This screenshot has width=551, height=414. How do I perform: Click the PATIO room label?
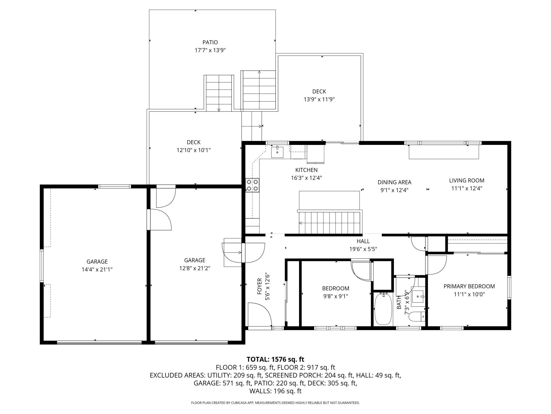coord(210,42)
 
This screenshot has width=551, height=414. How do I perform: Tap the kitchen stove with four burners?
coord(252,185)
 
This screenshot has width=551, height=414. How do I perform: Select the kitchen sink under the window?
coord(277,152)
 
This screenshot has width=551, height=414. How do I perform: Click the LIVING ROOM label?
coord(466,180)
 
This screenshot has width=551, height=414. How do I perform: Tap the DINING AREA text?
coord(394,182)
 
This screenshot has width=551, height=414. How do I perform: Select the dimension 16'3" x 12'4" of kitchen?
coord(306,178)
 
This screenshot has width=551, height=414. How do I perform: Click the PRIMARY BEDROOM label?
coord(469,286)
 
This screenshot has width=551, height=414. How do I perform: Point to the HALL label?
coord(363,241)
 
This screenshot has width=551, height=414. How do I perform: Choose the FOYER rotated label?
coord(259,286)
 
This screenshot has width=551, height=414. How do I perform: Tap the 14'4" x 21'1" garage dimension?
coord(97,270)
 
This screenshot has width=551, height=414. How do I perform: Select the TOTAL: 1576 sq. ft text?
coord(275,359)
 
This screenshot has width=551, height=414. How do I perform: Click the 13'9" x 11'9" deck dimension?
coord(319,100)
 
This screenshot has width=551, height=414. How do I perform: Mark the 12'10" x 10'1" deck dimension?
coord(194,150)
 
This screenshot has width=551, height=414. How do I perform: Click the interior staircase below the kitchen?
coord(330,222)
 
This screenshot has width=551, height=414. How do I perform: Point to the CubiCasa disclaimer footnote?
coord(275,403)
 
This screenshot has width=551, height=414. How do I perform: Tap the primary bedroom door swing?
coord(436,265)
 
